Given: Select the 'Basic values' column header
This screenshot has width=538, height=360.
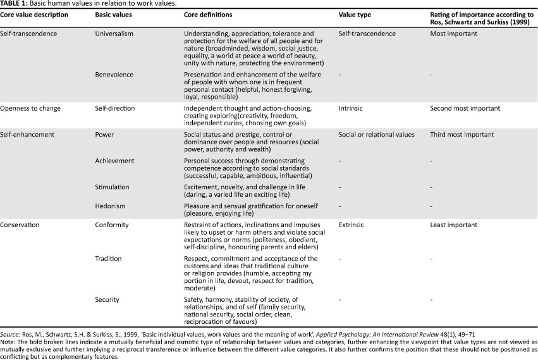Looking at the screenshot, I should pyautogui.click(x=113, y=14).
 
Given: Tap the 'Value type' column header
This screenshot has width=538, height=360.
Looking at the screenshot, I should pyautogui.click(x=355, y=14).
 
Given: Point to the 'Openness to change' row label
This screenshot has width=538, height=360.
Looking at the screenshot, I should pyautogui.click(x=30, y=108).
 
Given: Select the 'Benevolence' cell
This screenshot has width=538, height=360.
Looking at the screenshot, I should pyautogui.click(x=114, y=74).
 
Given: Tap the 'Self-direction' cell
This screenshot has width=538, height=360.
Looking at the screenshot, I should pyautogui.click(x=114, y=108).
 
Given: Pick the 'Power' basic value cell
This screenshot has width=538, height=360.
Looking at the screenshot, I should pyautogui.click(x=104, y=135).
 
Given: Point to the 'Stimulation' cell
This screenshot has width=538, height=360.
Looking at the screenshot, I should pyautogui.click(x=113, y=187).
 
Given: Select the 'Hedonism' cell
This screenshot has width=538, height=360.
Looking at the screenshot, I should pyautogui.click(x=110, y=206).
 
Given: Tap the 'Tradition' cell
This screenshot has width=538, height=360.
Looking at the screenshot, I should pyautogui.click(x=109, y=259).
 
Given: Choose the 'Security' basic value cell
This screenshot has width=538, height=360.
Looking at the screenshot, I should pyautogui.click(x=107, y=299).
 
